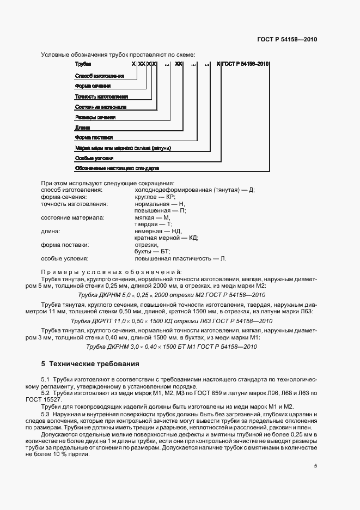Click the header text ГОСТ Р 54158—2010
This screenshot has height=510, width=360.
tap(287, 40)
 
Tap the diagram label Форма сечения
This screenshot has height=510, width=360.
tap(93, 86)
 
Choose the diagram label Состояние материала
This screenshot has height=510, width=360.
tap(100, 107)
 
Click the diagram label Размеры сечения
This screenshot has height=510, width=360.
tap(95, 117)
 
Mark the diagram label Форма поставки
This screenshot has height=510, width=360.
tap(94, 138)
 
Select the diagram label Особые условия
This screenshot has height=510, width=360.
tap(94, 159)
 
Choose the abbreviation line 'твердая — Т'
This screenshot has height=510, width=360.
tap(153, 224)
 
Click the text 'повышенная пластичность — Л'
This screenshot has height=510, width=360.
tap(180, 258)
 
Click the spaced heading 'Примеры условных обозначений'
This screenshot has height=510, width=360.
tap(112, 271)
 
